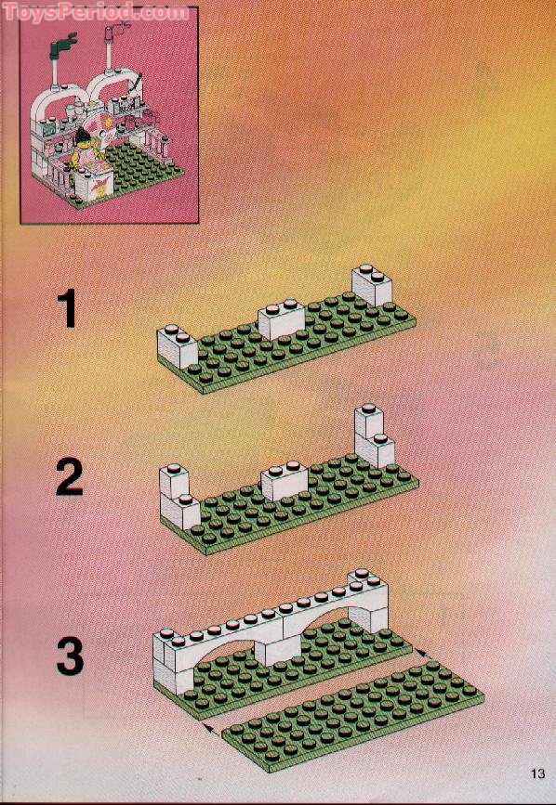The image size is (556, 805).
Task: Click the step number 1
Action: [x=68, y=309]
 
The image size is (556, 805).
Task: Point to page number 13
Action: [x=538, y=773]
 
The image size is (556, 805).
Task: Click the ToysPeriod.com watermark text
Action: [x=95, y=13]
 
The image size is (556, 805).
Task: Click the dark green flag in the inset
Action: [x=66, y=42]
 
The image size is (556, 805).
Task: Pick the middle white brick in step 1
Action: [x=282, y=320]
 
